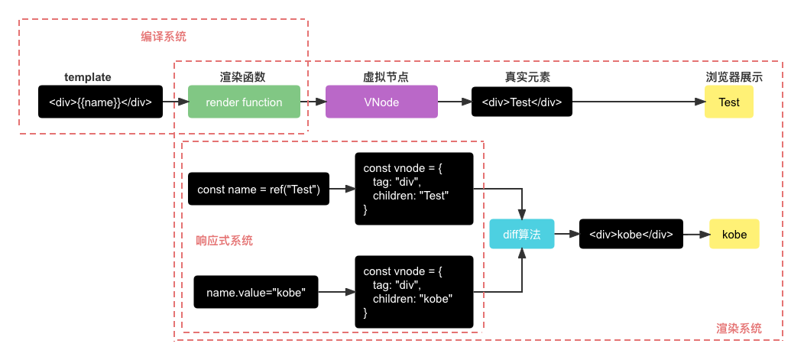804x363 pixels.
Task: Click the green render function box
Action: tap(244, 102)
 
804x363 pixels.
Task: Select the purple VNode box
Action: tap(381, 102)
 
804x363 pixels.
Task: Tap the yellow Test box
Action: tap(728, 102)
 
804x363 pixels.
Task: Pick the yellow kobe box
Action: tap(734, 235)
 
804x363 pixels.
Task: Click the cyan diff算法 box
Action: tap(521, 235)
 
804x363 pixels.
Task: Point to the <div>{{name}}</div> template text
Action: tap(100, 102)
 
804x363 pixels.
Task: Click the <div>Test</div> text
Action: tap(522, 102)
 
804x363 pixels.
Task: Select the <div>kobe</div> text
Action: tap(631, 235)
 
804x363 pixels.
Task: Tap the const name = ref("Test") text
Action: tap(258, 190)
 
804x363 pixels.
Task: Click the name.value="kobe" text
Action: tap(256, 293)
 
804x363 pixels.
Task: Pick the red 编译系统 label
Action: tap(163, 36)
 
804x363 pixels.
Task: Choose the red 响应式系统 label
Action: tap(224, 241)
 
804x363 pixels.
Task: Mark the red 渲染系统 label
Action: tap(738, 328)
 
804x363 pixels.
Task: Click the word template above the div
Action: tap(88, 78)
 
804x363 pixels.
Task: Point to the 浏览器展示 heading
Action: tap(734, 78)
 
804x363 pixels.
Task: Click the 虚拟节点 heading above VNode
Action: tap(385, 78)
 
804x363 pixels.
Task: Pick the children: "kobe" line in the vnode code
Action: tap(413, 299)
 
